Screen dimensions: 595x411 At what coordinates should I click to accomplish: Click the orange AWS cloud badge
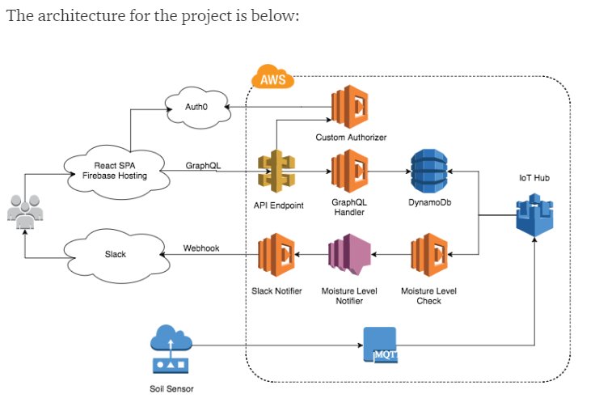tap(272, 77)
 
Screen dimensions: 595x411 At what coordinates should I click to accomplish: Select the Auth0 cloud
tap(197, 107)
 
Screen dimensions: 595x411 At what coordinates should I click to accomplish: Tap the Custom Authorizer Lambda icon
tap(350, 107)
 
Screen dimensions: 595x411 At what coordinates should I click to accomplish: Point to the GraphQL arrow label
tap(203, 166)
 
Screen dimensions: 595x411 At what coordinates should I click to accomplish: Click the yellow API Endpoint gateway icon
tap(276, 172)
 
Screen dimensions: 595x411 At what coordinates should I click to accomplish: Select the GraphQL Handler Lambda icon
tap(350, 171)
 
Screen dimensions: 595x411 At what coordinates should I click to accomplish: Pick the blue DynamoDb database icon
tap(429, 171)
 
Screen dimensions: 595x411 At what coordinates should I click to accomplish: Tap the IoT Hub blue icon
tap(534, 215)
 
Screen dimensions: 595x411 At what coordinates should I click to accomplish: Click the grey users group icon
tap(25, 212)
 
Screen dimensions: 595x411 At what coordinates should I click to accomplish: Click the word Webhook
tap(201, 248)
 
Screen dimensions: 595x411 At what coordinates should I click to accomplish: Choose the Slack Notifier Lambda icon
tap(276, 255)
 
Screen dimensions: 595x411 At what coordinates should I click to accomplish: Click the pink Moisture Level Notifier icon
tap(349, 255)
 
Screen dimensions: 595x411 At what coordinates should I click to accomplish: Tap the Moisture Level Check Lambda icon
tap(429, 255)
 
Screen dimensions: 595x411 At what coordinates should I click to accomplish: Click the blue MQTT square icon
tap(380, 345)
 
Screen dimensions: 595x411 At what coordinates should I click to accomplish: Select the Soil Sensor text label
tap(171, 388)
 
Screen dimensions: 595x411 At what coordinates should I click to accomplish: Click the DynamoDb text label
tap(429, 202)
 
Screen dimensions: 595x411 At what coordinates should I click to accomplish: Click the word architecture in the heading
tap(81, 15)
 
